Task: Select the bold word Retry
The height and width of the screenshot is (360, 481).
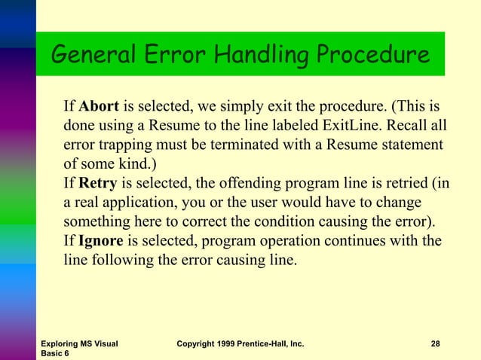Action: click(98, 182)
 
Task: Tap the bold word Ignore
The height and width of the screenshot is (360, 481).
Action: click(101, 242)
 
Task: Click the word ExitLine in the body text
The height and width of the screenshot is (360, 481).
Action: click(376, 123)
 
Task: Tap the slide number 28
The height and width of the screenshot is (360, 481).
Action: click(435, 344)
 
